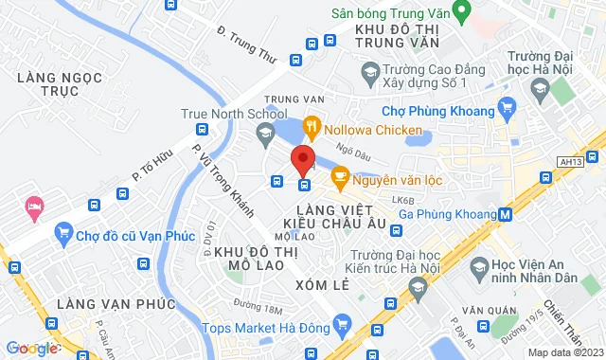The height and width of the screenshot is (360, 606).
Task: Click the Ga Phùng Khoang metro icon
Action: [506, 214]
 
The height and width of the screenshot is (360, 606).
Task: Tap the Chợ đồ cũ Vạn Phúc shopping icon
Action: [63, 230]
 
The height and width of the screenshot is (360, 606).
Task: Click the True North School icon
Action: [264, 141]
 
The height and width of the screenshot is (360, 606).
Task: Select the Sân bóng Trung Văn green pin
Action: [462, 13]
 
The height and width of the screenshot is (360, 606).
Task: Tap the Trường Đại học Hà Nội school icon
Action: [540, 89]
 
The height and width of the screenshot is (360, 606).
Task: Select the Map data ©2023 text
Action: [564, 352]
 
